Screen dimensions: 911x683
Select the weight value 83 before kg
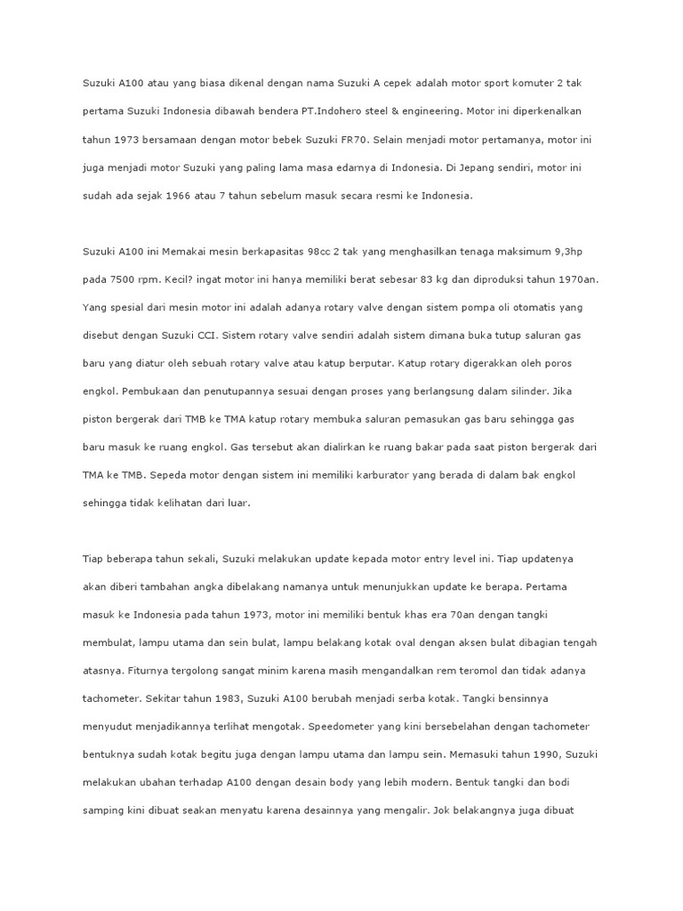tap(431, 278)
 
